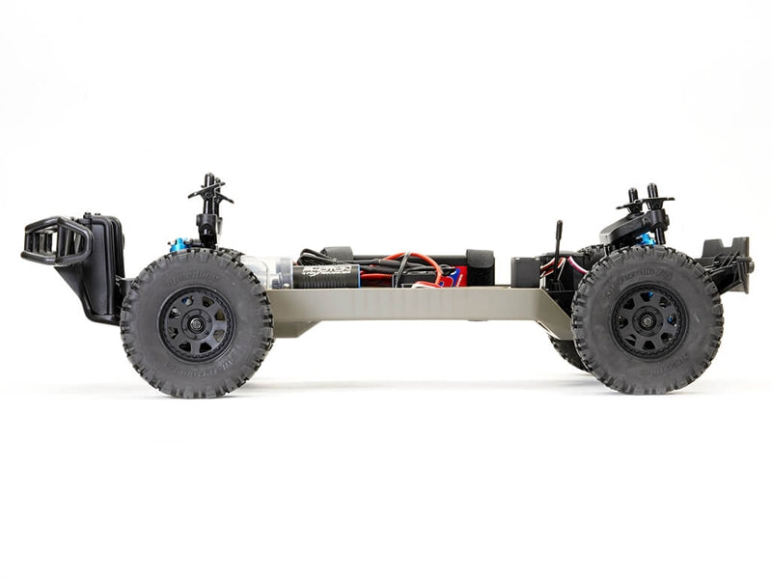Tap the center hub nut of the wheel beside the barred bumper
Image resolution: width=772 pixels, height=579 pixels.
[196, 323]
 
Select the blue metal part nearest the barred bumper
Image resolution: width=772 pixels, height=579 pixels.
[178, 245]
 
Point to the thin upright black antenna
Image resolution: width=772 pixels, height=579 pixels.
[558, 241]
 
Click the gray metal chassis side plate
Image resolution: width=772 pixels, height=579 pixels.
[405, 304]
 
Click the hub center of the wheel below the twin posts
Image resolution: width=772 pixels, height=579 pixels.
[647, 320]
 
